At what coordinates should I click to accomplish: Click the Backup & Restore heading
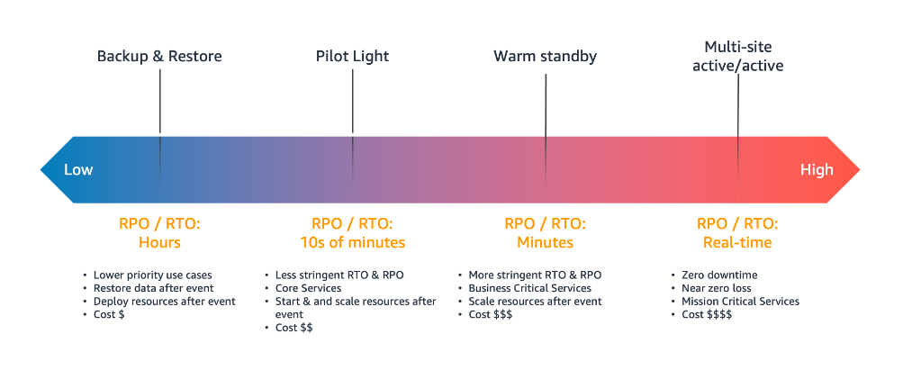click(x=159, y=57)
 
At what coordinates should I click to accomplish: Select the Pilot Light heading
click(x=352, y=57)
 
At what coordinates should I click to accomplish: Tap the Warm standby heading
click(x=545, y=57)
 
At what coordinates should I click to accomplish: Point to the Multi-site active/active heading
click(x=737, y=56)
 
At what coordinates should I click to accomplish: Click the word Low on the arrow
click(x=78, y=169)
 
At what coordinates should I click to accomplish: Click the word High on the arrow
click(x=817, y=169)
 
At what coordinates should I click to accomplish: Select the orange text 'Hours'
click(x=159, y=242)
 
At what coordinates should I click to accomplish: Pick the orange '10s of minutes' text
click(x=352, y=242)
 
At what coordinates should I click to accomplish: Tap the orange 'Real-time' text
click(x=737, y=242)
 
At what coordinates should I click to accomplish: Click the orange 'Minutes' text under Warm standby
click(x=545, y=242)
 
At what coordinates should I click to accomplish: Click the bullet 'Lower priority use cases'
click(x=154, y=275)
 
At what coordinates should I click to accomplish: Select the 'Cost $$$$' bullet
click(x=707, y=314)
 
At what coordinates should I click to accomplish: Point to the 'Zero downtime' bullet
click(x=719, y=275)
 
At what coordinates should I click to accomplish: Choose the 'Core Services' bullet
click(x=308, y=288)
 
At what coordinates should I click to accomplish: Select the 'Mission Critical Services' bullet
click(x=740, y=302)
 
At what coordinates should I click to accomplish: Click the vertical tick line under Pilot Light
click(x=352, y=104)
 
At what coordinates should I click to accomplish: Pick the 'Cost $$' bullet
click(x=293, y=328)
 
